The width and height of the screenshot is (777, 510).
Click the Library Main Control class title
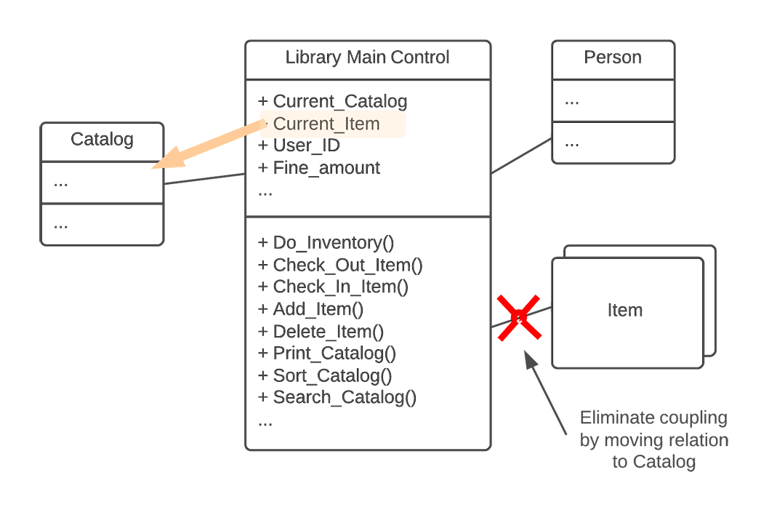[x=367, y=57]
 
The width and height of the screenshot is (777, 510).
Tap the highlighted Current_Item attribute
[x=326, y=124]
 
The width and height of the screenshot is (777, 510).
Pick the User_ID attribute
[x=306, y=146]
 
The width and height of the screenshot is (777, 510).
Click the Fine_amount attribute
[x=326, y=168]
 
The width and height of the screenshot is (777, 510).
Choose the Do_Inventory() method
[x=334, y=243]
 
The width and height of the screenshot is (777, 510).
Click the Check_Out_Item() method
[x=347, y=265]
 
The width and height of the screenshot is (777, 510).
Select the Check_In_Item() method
[x=340, y=287]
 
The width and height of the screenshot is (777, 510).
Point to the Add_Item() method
[x=318, y=309]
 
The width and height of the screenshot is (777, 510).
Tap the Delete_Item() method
[x=328, y=332]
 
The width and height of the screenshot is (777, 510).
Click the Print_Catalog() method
[x=334, y=354]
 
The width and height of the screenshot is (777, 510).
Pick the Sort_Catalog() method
[x=332, y=375]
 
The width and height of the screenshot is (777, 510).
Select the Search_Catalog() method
[x=345, y=397]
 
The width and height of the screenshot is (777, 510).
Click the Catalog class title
[x=102, y=139]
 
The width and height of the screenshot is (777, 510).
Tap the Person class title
[x=613, y=57]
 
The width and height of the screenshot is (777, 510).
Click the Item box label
[x=625, y=311]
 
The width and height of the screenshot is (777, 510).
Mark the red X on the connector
[x=519, y=317]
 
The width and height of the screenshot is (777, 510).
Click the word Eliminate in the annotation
[x=616, y=418]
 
